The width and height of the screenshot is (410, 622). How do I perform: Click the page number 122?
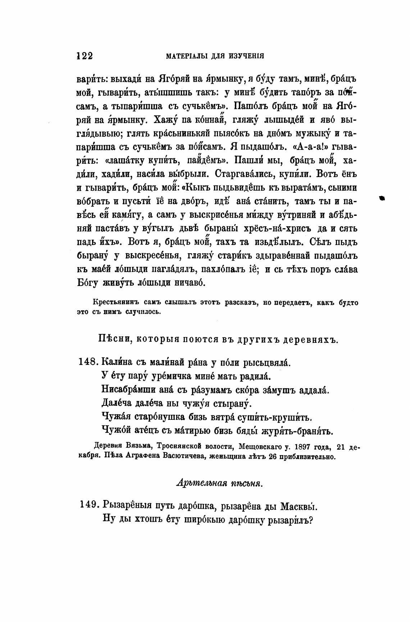[85, 56]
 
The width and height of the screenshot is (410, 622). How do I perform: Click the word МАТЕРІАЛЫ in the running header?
[183, 56]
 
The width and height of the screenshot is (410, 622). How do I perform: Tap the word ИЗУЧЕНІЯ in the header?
[248, 56]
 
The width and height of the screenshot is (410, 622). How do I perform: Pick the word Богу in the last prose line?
[87, 283]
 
